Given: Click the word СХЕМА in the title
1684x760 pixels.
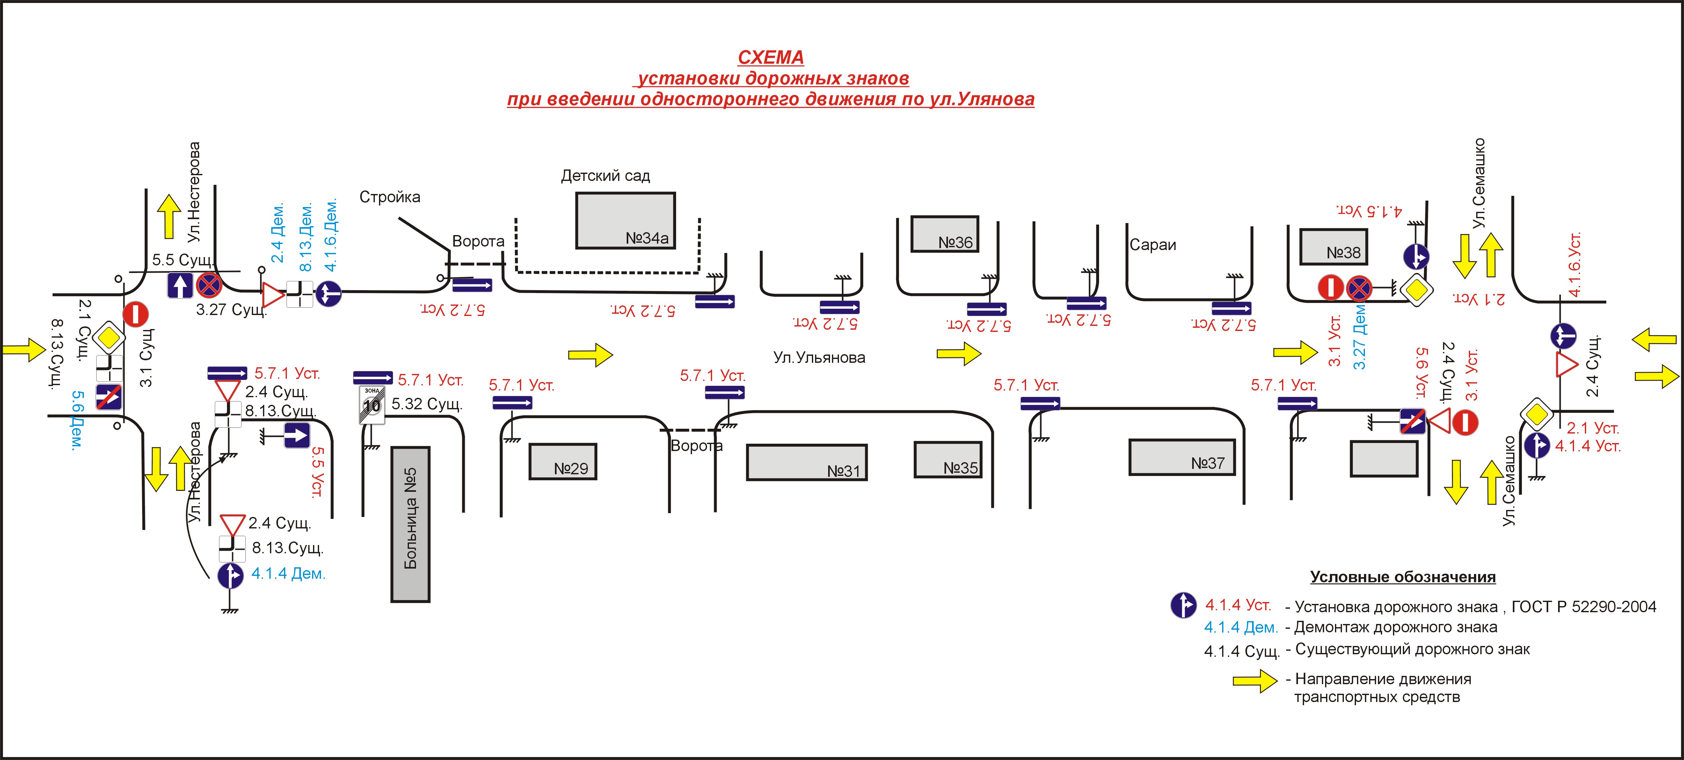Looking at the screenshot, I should pos(771,58).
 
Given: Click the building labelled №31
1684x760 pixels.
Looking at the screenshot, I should pos(807,463).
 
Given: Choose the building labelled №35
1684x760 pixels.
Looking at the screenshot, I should pos(947,460).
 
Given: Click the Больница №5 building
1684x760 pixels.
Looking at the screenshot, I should pos(411,524).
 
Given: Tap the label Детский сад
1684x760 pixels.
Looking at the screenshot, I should pos(605,176).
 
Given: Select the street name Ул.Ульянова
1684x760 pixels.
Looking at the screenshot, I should pos(819,357).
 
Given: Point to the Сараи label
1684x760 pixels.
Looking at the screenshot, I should pos(1153,245).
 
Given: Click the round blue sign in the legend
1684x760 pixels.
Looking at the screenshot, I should pos(1183,605).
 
